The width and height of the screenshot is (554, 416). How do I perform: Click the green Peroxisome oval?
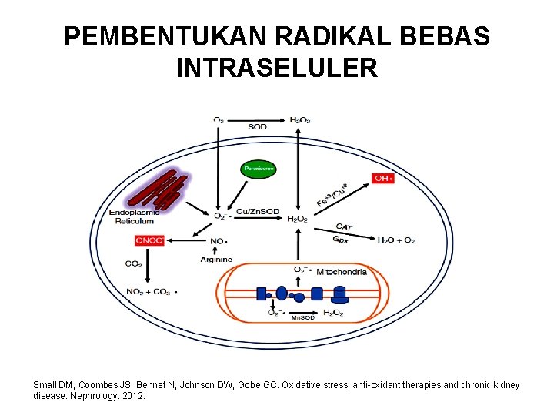(259, 168)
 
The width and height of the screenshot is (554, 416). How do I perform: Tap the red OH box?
(383, 179)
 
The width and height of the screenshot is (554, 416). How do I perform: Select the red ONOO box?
(149, 240)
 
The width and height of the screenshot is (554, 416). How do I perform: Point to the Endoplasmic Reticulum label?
(135, 216)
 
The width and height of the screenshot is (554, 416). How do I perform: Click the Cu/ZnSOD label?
(257, 212)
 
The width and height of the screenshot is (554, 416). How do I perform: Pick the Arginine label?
(216, 260)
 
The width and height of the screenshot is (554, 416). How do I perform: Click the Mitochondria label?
(341, 271)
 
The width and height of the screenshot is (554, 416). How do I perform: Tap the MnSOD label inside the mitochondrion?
(302, 317)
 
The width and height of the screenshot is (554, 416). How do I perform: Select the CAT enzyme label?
(344, 226)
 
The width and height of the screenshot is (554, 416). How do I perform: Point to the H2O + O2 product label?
(395, 240)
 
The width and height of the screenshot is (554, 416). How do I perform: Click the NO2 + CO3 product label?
(151, 291)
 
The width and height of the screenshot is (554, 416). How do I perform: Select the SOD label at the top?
(258, 126)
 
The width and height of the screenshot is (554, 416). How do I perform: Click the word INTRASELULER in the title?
(277, 69)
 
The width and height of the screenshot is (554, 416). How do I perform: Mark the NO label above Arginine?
(218, 241)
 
